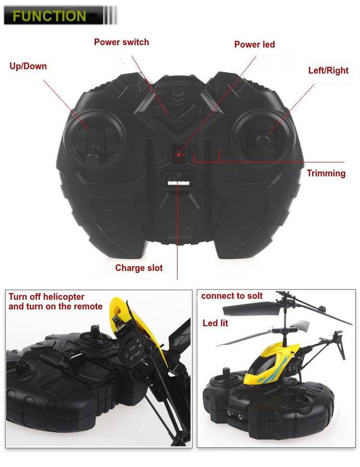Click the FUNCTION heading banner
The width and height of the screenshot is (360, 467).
pos(49,16)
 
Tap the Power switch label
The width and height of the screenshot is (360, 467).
pos(121,42)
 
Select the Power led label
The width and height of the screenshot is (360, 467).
pos(254,45)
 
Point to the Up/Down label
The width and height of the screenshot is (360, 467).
pos(28,66)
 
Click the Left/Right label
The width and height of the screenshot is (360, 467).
pos(328,70)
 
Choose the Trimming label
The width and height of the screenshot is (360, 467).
pos(326,173)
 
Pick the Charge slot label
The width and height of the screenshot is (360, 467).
pos(139,268)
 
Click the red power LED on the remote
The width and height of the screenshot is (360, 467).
pos(178,154)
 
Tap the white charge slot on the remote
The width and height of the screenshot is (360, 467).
pos(177,182)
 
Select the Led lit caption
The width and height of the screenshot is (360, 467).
pos(215,323)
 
